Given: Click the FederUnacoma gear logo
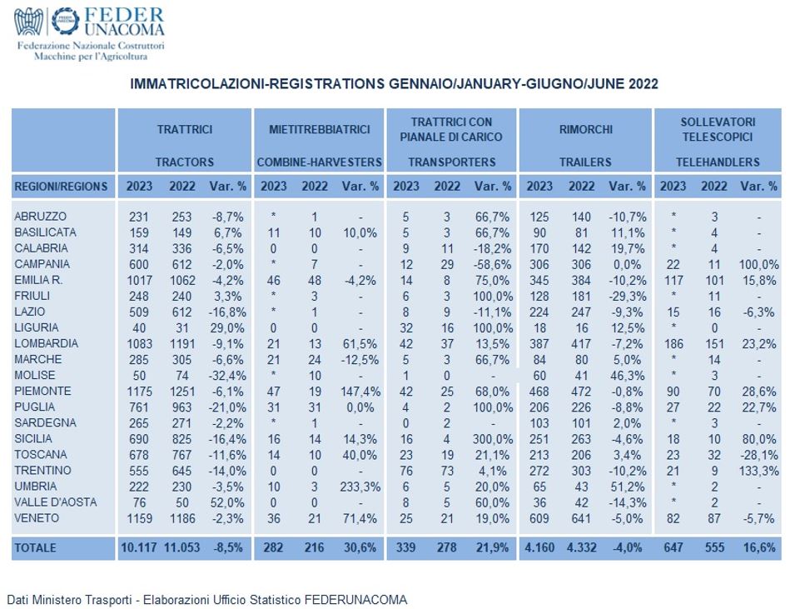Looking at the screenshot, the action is (x=65, y=21).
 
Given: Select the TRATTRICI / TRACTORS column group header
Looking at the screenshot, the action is (x=185, y=145).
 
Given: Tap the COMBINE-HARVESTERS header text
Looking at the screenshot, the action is (x=320, y=162).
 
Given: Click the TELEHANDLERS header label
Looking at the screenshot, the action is (x=718, y=162).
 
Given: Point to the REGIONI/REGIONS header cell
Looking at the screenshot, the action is (x=61, y=187).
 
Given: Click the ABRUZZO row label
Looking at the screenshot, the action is (x=40, y=217).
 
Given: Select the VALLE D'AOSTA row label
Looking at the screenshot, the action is (x=56, y=502).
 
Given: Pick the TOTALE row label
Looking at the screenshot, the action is (x=35, y=547).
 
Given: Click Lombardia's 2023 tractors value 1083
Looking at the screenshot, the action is (x=140, y=344).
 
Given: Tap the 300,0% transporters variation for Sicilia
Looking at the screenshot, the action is (x=493, y=439).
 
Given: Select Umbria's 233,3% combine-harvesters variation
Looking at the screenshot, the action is (x=360, y=487).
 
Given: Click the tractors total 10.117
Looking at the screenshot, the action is (x=138, y=547).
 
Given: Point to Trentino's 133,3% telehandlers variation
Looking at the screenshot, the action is (x=759, y=471).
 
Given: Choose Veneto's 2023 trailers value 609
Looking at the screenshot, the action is (x=539, y=518).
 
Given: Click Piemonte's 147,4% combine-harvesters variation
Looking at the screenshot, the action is (x=360, y=392).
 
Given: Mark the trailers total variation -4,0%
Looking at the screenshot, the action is (x=628, y=547).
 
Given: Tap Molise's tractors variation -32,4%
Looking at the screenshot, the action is (x=227, y=376).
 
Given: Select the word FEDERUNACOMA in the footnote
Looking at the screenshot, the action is (x=355, y=600).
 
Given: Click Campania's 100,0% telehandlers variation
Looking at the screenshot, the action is (x=759, y=265).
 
